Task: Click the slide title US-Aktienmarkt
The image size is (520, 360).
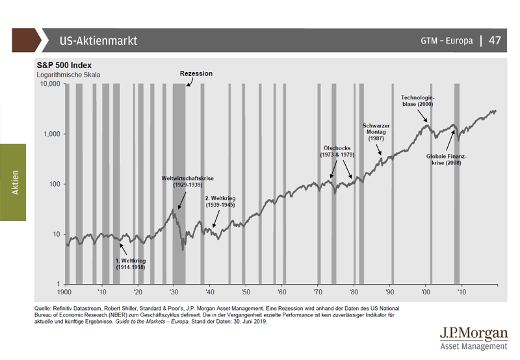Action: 97,41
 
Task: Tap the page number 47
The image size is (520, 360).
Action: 495,41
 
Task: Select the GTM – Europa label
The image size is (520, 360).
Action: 447,41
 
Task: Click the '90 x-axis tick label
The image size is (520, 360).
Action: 390,292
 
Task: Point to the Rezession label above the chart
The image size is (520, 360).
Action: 196,73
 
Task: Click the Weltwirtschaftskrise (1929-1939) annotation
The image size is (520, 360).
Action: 188,181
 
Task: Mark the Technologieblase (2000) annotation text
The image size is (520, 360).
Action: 417,100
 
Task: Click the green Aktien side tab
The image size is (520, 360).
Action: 14,183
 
